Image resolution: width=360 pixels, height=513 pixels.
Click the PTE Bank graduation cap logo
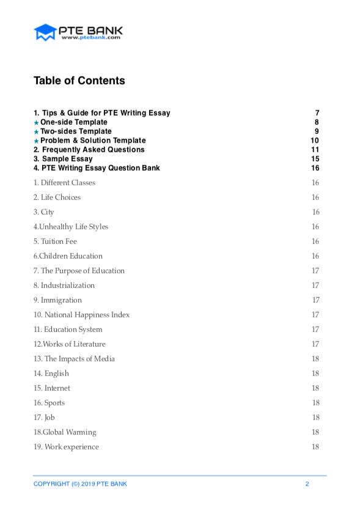coord(45,32)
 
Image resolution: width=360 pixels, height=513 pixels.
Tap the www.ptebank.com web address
coord(90,37)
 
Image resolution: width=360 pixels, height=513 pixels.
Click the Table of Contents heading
coord(79,81)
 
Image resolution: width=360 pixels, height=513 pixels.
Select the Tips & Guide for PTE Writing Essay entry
coord(101,113)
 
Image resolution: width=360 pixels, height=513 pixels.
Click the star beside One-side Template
coord(36,123)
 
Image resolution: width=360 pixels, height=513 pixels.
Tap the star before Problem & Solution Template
coord(36,141)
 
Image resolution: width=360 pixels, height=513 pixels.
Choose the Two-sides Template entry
coord(76,131)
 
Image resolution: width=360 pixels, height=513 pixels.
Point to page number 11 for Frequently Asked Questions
coord(315,150)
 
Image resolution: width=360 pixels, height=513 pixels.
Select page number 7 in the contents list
coord(317,113)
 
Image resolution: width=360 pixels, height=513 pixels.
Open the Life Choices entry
coord(57,197)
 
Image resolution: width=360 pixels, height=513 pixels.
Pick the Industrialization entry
coord(64,286)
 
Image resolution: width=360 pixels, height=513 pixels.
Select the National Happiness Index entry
coord(81,315)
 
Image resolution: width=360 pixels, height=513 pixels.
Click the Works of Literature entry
coord(69,344)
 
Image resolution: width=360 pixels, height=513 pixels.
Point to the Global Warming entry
coord(65,432)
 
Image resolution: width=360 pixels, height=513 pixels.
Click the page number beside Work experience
coord(315,447)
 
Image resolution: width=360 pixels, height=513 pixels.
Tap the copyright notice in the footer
coord(80,484)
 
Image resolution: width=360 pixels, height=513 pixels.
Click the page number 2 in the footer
coord(307,484)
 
